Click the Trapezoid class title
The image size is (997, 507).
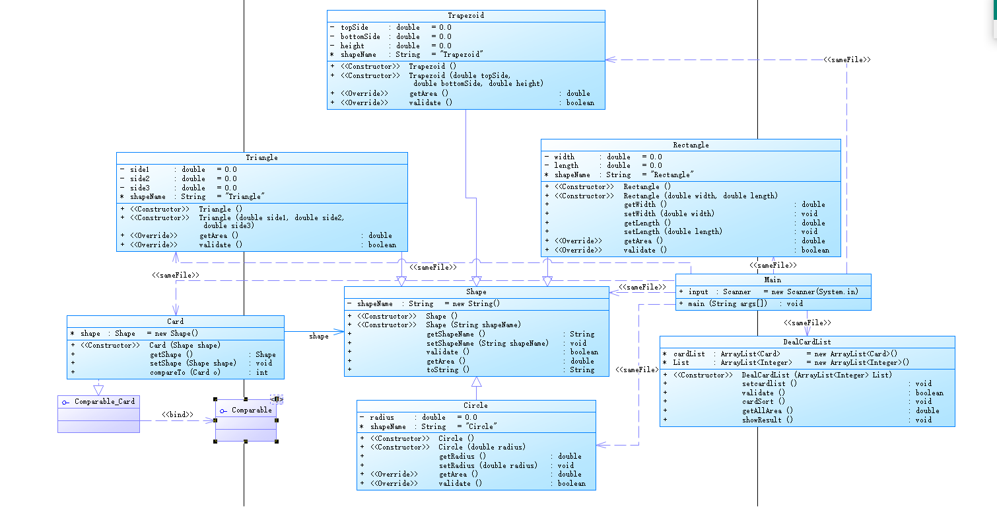465,15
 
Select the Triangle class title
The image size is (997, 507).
261,157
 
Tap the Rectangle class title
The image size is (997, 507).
691,145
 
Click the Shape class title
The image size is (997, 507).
476,292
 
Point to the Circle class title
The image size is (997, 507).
475,405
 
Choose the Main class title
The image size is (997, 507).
773,280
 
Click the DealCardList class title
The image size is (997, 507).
807,342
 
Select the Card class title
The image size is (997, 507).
175,321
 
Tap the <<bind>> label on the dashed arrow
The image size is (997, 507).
177,415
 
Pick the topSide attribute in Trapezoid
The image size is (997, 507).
355,27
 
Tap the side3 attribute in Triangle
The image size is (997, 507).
140,188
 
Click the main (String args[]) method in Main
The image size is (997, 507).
725,303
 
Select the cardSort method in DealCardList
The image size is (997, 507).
763,401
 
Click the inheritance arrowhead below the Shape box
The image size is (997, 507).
477,382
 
